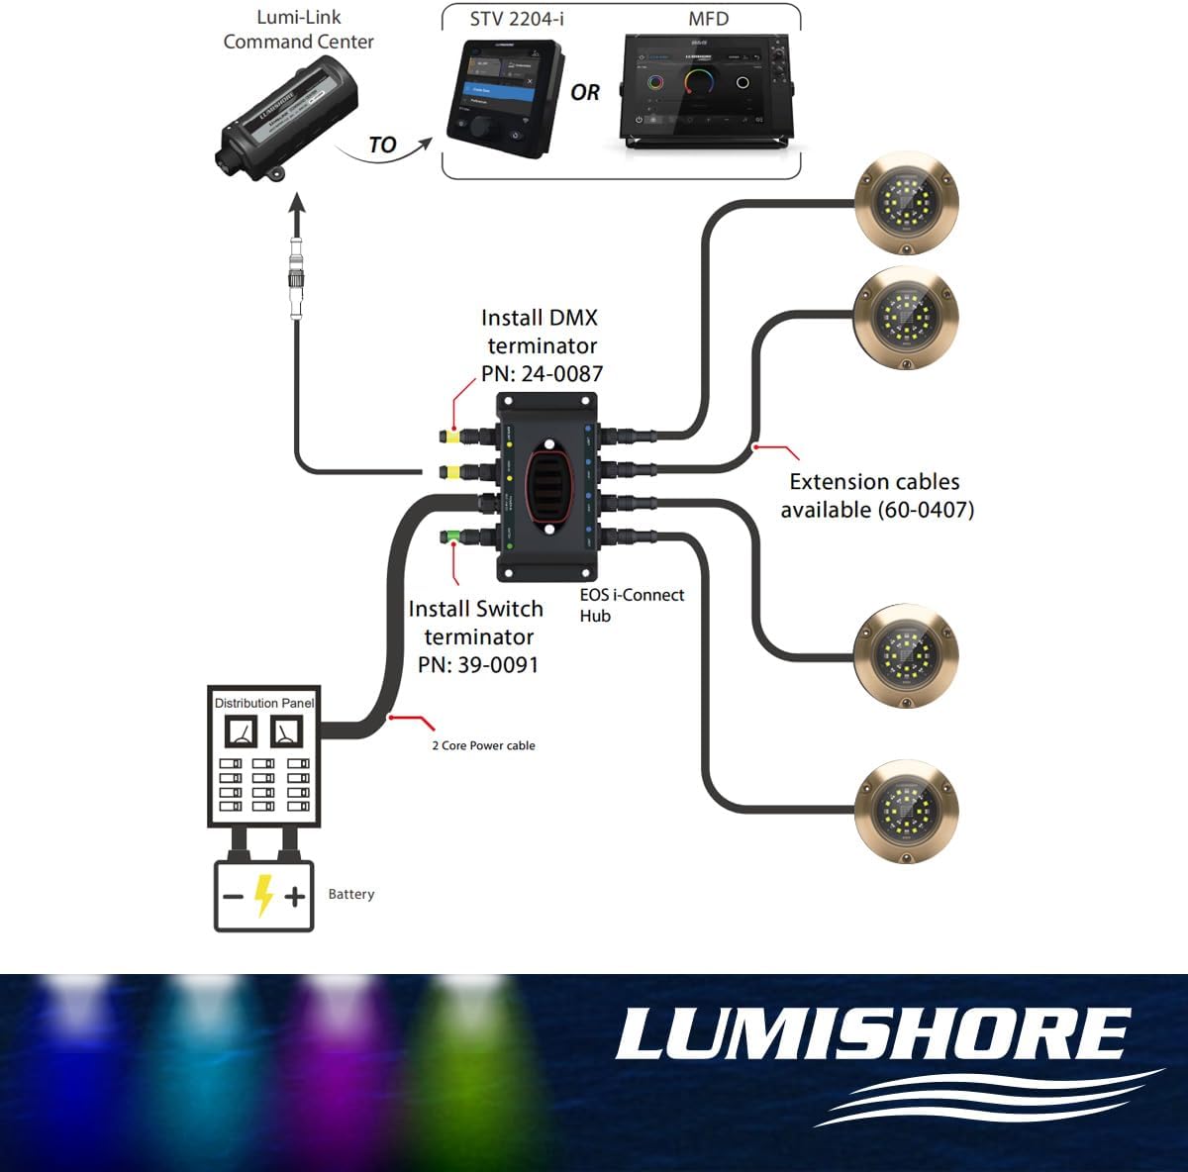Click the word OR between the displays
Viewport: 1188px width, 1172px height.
[585, 92]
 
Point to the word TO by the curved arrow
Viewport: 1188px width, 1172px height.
[382, 146]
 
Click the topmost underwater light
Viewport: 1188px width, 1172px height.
[906, 204]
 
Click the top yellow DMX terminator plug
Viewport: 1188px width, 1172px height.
[451, 437]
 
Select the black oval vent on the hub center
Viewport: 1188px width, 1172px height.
[547, 484]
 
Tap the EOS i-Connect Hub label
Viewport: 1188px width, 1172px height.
[631, 605]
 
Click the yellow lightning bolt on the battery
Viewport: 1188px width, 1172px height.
[263, 895]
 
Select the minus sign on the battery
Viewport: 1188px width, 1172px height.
[233, 897]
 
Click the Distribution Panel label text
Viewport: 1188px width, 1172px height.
[263, 703]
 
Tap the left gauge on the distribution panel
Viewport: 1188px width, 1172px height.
[242, 732]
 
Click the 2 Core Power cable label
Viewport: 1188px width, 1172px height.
[483, 745]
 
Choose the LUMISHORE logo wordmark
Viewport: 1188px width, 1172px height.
[872, 1034]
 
